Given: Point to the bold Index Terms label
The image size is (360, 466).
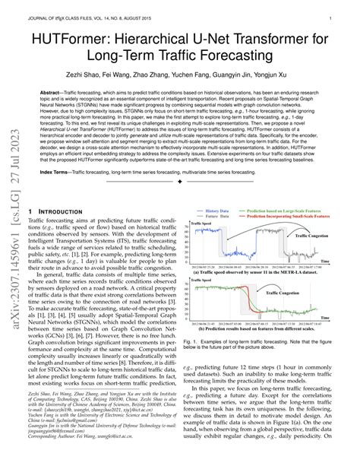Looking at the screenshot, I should [60, 172].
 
